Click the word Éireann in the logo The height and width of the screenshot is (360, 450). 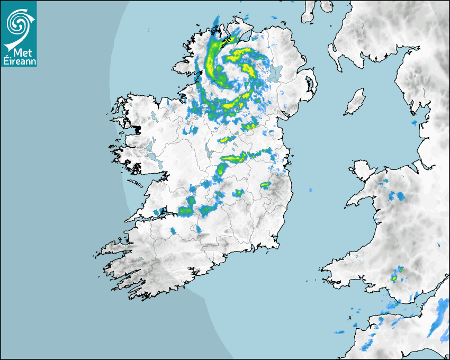tap(19, 61)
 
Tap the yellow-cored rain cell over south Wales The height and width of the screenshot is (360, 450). tap(394, 276)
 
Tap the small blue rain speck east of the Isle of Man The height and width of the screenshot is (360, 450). tap(413, 123)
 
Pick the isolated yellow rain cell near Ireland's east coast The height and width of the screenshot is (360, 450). tap(265, 185)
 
